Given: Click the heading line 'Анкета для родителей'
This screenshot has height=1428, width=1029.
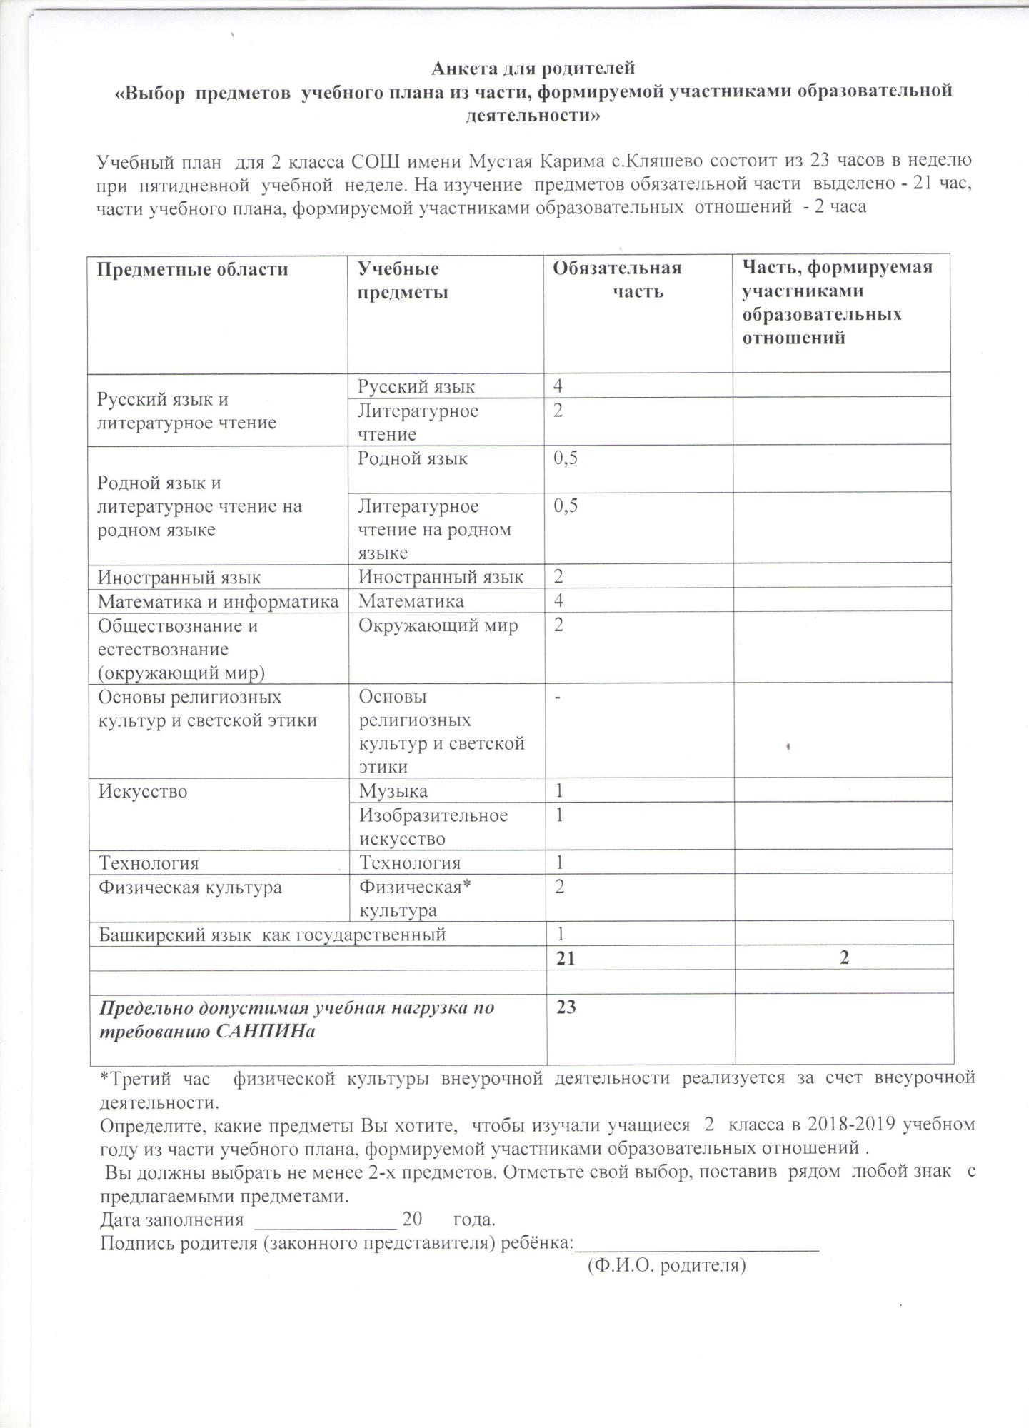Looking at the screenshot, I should click(x=533, y=69).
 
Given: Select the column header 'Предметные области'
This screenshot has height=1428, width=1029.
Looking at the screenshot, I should click(x=193, y=269).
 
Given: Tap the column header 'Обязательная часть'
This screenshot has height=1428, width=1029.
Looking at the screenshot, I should click(x=618, y=279).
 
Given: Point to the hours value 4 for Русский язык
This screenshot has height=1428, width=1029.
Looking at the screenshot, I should click(x=558, y=386).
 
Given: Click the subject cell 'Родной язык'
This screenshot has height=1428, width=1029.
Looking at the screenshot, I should click(x=413, y=458).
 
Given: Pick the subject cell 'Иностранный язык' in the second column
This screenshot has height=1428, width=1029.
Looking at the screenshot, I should click(x=441, y=577).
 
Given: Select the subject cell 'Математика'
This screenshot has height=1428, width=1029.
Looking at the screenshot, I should click(x=411, y=601).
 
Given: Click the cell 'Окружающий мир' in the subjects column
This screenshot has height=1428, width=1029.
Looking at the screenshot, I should click(x=438, y=626).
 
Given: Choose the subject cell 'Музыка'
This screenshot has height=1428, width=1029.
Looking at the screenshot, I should click(x=393, y=791).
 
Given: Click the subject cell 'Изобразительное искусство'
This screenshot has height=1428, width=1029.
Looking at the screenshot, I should click(x=433, y=827).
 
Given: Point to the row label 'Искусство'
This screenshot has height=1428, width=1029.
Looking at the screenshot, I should click(x=143, y=791).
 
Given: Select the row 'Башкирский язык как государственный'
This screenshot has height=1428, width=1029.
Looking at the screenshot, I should click(x=271, y=934).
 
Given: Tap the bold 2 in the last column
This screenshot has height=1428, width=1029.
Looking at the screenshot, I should click(x=845, y=958).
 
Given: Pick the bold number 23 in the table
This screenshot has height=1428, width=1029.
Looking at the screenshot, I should click(x=566, y=1007).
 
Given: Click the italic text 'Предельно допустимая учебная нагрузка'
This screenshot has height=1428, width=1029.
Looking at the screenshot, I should click(x=296, y=1008).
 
